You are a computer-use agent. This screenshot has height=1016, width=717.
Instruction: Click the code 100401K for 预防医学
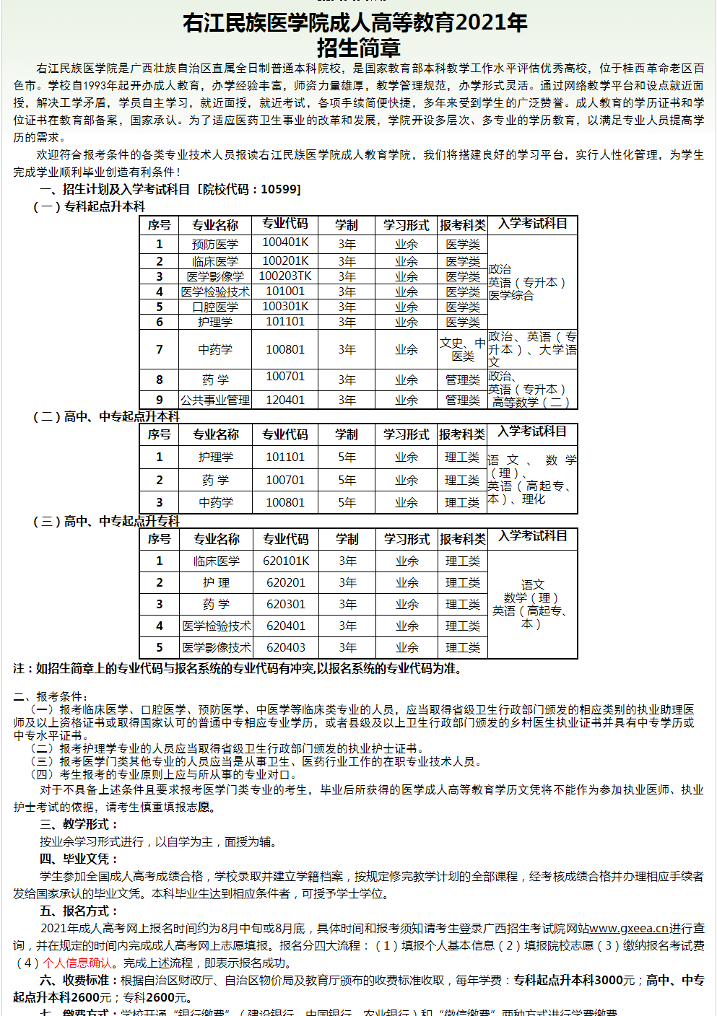285,242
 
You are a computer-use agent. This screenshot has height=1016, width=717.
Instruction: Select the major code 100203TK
285,276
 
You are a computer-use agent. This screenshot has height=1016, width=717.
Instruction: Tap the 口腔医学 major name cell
215,307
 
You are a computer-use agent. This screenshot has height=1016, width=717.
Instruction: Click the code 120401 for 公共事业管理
285,400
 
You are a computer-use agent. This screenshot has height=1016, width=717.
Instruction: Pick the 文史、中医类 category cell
463,349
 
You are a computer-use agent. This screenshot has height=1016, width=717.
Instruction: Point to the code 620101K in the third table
286,561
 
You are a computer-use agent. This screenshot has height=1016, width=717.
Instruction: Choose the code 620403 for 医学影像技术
286,647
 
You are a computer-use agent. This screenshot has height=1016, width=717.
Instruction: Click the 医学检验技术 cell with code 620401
217,626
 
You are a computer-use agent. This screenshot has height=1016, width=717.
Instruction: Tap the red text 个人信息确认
77,963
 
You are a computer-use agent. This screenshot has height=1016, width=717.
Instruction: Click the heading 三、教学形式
79,824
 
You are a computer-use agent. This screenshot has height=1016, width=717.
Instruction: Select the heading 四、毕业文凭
79,859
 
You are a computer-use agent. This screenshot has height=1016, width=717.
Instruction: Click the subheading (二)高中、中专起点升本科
107,416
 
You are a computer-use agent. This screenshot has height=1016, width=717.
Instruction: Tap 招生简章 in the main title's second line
358,48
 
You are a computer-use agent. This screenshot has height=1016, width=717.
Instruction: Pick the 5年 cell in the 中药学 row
347,502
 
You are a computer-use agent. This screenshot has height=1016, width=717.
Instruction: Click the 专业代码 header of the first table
285,224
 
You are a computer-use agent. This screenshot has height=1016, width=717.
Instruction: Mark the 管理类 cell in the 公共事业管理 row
463,400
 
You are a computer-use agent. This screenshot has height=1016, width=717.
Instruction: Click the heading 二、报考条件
51,696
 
